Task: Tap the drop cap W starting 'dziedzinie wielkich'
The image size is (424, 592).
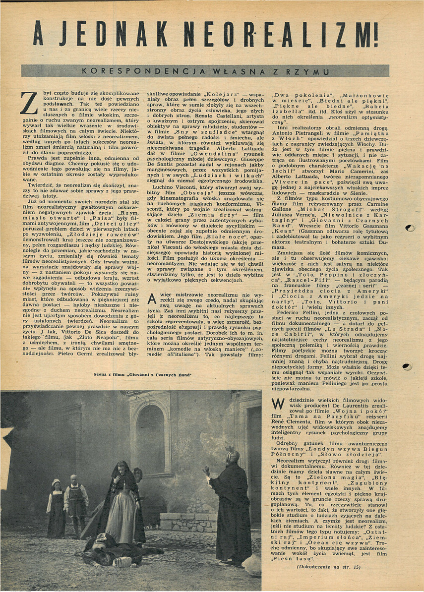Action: tap(279, 404)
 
